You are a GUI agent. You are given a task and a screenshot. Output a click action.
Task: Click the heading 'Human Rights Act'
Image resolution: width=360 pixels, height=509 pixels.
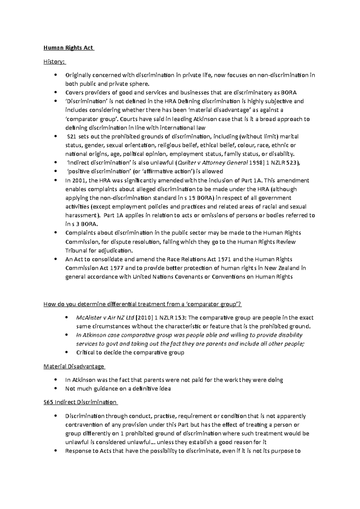(x=68, y=48)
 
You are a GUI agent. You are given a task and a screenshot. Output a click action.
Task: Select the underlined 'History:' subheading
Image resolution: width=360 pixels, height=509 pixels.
(x=54, y=62)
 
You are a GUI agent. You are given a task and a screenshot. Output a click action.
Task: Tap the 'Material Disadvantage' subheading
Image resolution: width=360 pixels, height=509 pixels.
(x=73, y=366)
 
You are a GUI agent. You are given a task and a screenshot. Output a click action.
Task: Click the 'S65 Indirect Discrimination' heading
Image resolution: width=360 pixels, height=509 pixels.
(x=80, y=402)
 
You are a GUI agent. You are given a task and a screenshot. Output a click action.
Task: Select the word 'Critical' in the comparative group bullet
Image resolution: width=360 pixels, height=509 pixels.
(x=85, y=353)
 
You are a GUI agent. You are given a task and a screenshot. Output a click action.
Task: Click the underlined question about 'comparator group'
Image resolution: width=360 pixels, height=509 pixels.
(x=142, y=305)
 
